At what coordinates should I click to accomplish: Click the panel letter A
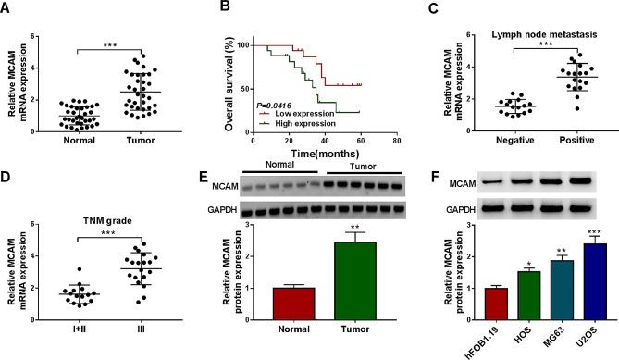coord(7,10)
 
